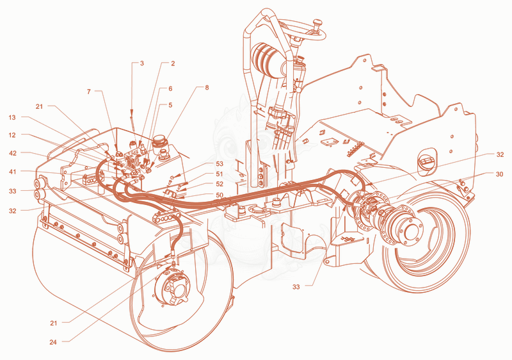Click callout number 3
(141, 63)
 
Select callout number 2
(173, 63)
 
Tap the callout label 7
(89, 92)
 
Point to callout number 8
(207, 88)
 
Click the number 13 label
(12, 117)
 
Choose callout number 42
(12, 153)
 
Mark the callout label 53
(220, 164)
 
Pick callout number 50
(220, 195)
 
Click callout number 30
(500, 174)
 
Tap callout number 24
(53, 342)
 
